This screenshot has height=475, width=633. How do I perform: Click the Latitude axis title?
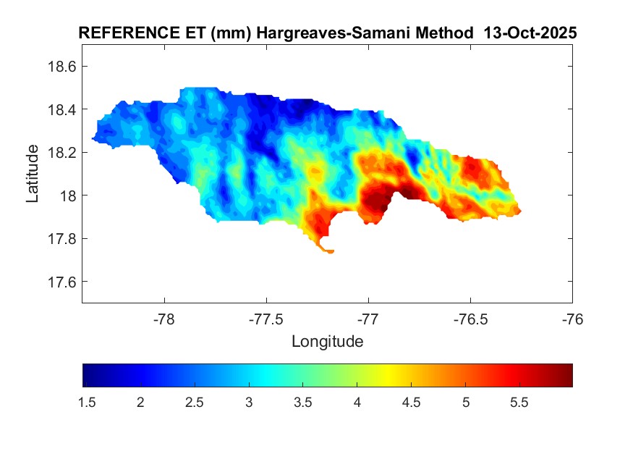coord(33,173)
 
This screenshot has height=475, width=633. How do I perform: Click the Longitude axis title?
coord(327,341)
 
